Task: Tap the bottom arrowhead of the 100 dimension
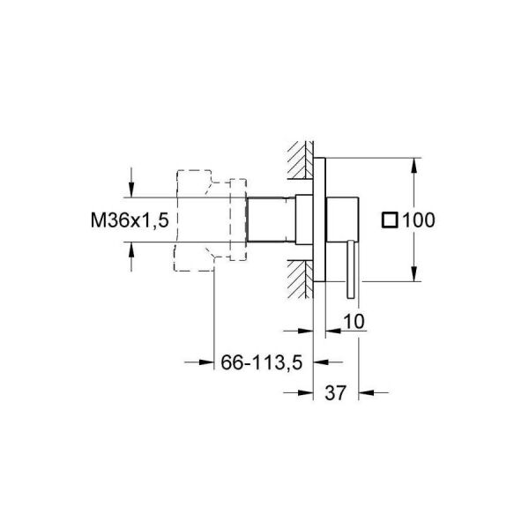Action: (x=413, y=274)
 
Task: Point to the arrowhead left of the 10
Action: (x=332, y=332)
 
